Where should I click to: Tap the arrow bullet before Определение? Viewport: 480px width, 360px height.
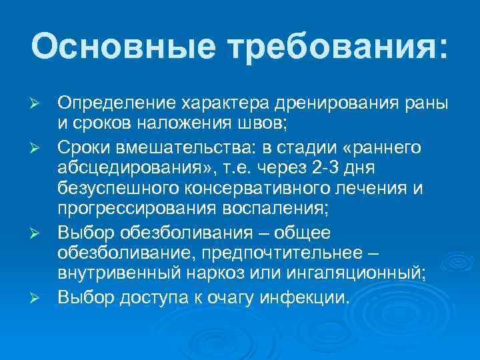tap(39, 108)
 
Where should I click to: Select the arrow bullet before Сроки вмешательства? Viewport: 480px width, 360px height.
tap(39, 146)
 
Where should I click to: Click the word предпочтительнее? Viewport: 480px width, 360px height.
tap(295, 255)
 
